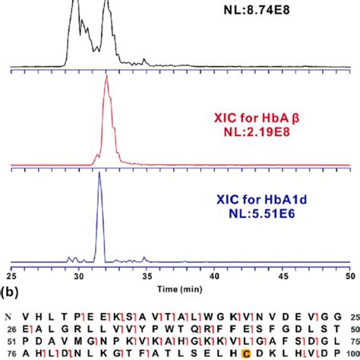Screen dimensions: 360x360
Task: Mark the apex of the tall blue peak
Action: pyautogui.click(x=99, y=174)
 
